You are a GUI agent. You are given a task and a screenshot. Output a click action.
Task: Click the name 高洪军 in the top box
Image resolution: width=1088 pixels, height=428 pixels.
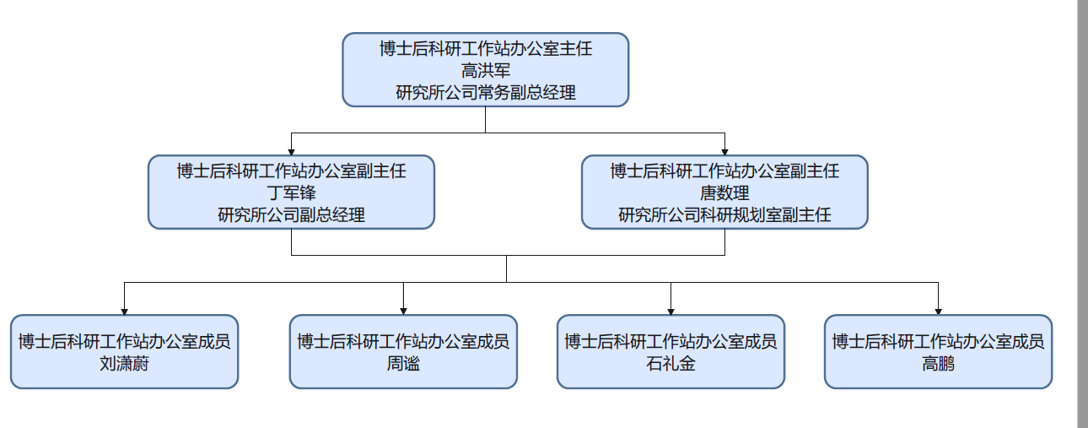tap(485, 71)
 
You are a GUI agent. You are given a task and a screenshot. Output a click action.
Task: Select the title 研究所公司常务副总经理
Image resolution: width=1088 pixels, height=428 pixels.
tap(485, 93)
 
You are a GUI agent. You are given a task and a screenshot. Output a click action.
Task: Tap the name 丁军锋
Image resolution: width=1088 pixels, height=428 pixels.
tap(291, 193)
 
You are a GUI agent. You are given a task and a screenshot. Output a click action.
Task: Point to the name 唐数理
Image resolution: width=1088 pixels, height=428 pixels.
tap(724, 193)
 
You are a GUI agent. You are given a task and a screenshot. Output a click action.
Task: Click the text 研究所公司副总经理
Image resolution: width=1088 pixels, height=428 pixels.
tap(291, 215)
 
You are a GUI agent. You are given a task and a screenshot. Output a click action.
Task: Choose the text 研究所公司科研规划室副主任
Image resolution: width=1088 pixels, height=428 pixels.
tap(724, 215)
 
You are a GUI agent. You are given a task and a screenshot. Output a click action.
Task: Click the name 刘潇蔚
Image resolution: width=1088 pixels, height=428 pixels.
tap(124, 364)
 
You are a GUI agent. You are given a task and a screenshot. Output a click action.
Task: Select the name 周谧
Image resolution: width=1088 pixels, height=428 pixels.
tap(403, 364)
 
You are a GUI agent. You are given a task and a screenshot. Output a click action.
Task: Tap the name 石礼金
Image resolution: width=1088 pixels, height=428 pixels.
tap(671, 364)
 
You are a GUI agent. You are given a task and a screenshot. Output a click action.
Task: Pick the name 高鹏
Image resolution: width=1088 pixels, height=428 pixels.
tap(938, 364)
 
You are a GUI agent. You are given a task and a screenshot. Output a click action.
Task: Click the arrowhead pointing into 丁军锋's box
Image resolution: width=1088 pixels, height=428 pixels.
tap(291, 150)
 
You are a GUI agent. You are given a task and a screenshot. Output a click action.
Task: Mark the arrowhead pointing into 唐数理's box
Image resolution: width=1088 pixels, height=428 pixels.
tap(724, 150)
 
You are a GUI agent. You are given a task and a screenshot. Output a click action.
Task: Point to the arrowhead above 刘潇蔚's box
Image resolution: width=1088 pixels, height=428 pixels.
tap(124, 310)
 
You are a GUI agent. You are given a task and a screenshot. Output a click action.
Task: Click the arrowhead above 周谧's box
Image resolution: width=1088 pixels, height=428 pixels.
tap(403, 310)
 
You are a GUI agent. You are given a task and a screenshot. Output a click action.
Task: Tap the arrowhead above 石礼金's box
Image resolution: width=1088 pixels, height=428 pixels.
tap(671, 310)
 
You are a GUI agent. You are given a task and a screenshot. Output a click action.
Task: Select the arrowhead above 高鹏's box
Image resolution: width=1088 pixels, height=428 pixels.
tap(938, 310)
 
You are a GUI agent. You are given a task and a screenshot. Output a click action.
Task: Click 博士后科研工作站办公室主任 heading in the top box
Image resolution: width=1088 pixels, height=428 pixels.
tap(485, 49)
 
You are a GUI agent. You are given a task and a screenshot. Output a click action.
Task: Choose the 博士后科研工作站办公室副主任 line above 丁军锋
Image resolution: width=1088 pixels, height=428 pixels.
tap(291, 171)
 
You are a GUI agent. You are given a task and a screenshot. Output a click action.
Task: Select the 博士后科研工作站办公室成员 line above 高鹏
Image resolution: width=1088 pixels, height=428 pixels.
tap(938, 342)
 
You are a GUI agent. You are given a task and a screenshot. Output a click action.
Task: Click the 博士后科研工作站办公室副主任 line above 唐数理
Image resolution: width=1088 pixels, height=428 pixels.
tap(724, 171)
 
